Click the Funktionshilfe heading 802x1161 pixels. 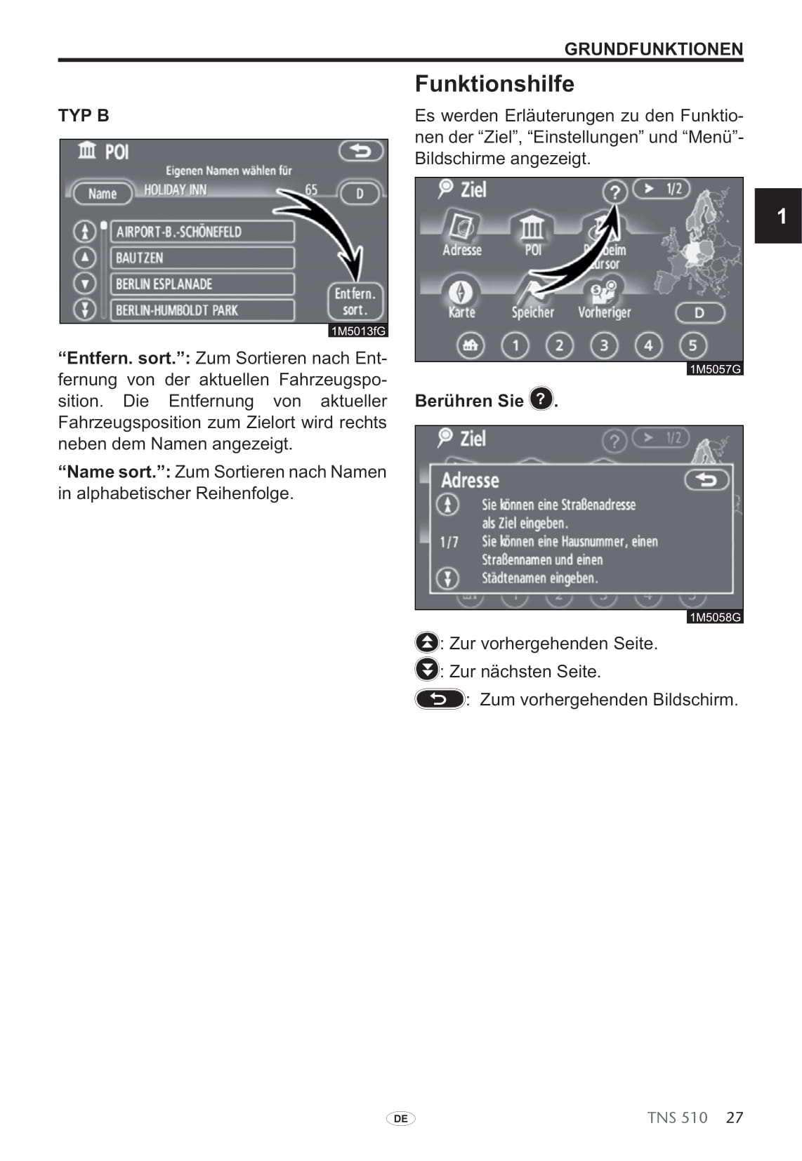tap(494, 84)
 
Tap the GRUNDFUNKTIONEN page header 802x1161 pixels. tap(653, 49)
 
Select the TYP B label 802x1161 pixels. tap(84, 116)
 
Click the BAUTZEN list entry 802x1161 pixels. tap(202, 258)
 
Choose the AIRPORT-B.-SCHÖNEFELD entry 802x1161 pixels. tap(202, 232)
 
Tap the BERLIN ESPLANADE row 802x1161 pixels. tap(202, 284)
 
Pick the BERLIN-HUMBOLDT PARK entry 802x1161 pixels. tap(202, 310)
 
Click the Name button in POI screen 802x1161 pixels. tap(103, 194)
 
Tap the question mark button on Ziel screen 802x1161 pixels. tap(614, 191)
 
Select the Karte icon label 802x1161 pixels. tap(461, 312)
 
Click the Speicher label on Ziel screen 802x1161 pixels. tap(532, 312)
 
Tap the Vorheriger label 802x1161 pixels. tap(604, 312)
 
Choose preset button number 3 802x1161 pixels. tap(604, 345)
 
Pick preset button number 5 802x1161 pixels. tap(692, 345)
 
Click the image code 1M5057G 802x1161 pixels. tap(715, 369)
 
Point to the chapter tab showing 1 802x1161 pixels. tap(781, 215)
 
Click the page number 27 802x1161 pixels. tap(735, 1117)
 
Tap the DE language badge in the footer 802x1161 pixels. tap(400, 1119)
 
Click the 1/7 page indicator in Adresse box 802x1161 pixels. tap(449, 542)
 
